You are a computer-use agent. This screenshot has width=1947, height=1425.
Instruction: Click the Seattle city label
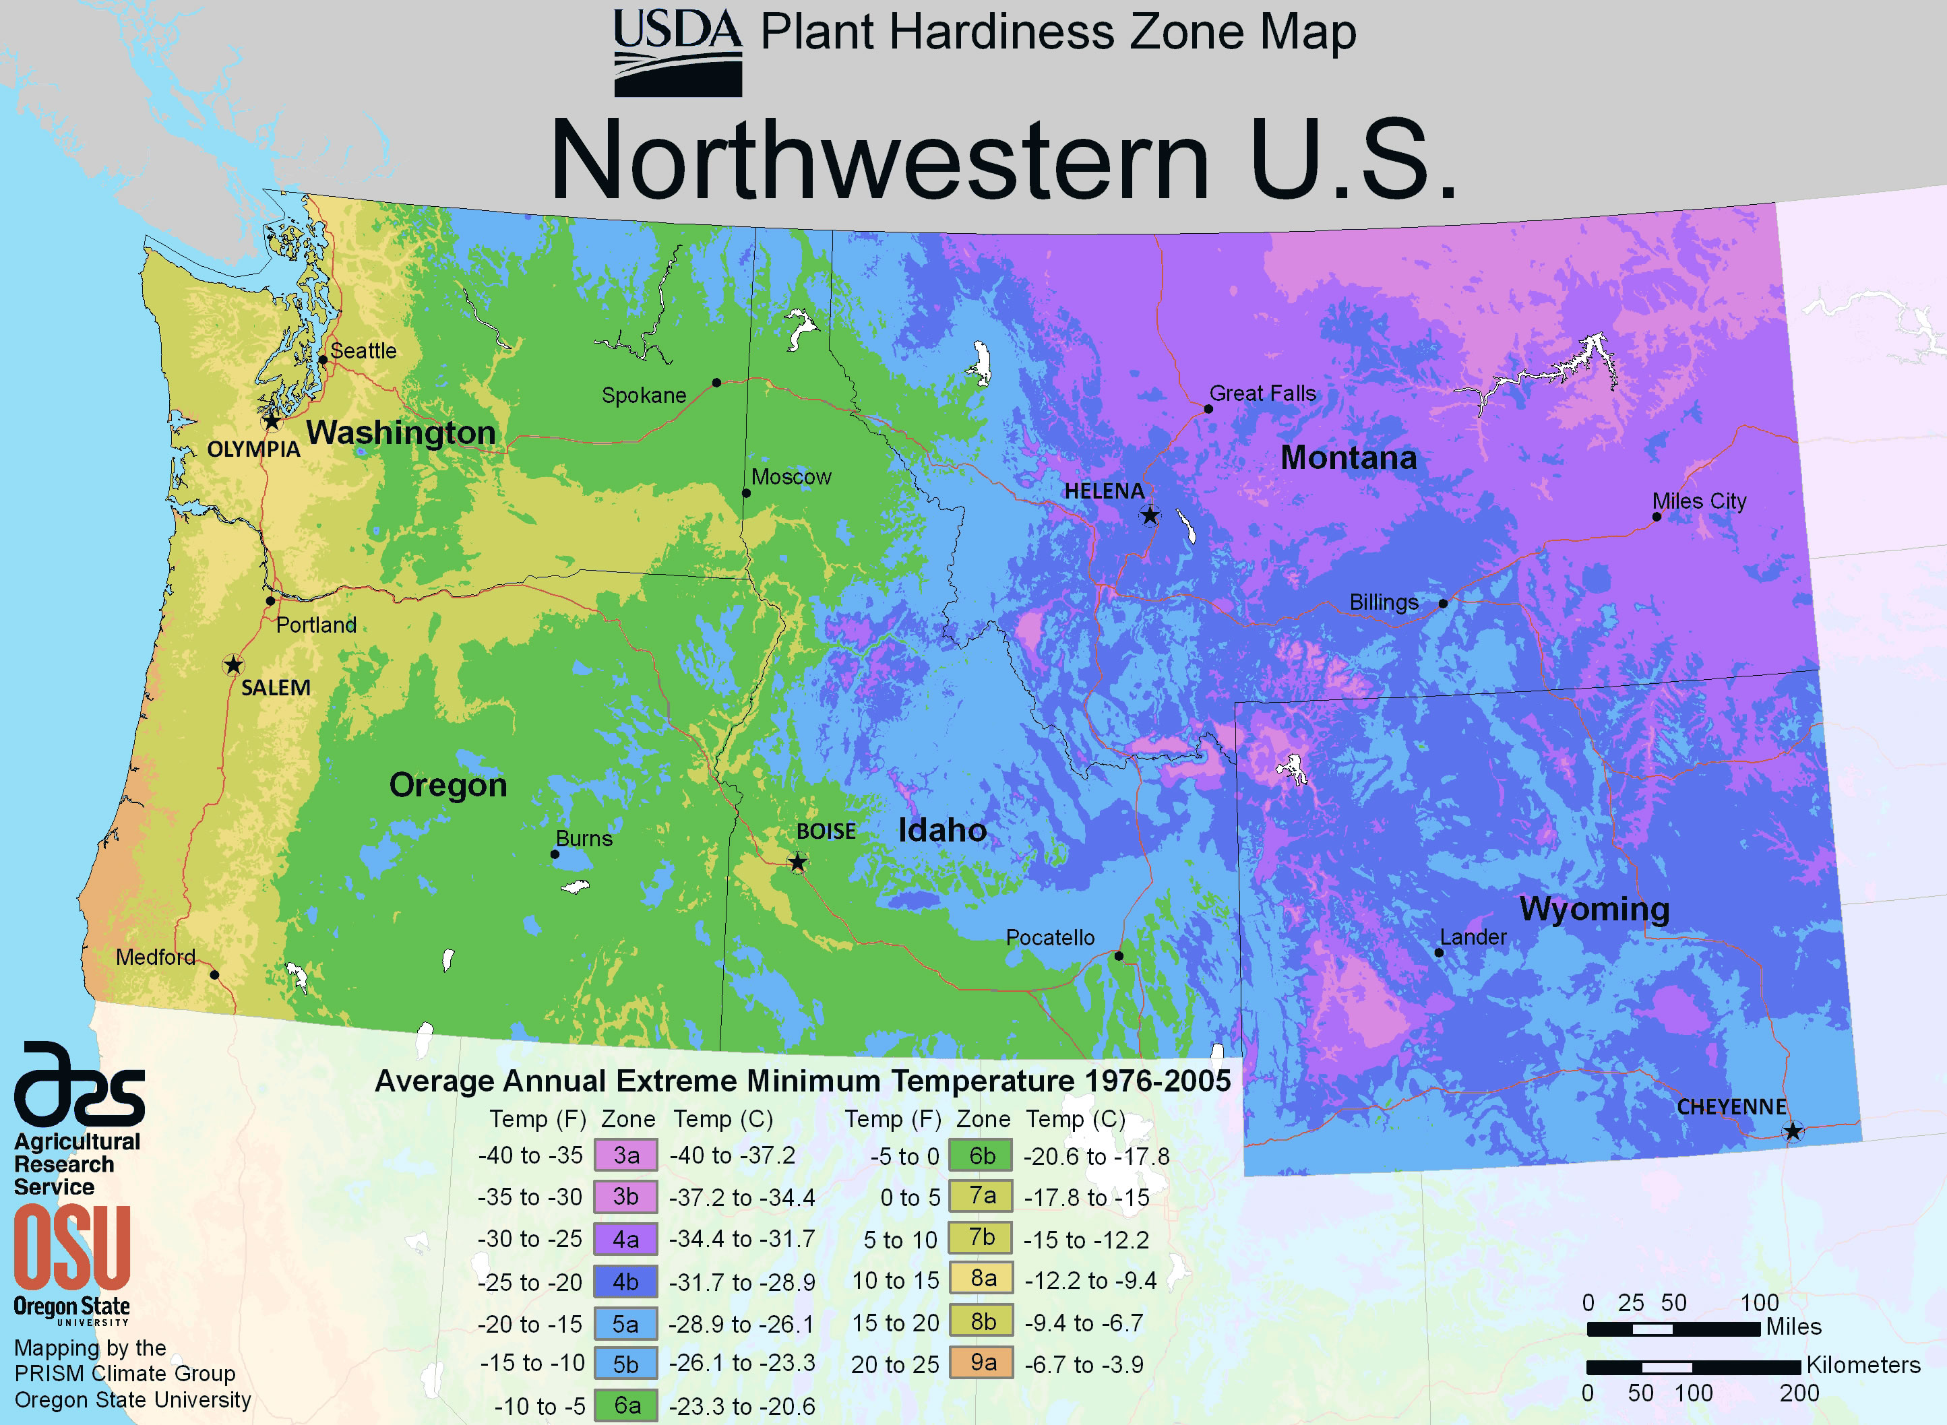coord(363,351)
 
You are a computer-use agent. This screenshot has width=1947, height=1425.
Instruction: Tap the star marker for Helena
coord(1150,516)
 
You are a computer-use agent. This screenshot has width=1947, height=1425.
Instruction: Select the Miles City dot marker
coord(1657,517)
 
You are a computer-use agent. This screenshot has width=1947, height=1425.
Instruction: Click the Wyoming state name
coord(1594,909)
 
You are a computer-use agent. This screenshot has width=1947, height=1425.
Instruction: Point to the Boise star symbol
coord(798,862)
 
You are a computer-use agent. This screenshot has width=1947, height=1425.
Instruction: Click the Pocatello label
coord(1050,938)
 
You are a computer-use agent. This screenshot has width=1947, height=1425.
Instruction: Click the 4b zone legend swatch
coord(625,1281)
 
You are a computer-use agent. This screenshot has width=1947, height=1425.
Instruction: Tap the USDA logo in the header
coord(677,52)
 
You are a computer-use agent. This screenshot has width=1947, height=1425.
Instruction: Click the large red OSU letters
coord(71,1246)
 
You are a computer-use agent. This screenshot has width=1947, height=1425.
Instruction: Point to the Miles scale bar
coord(1673,1329)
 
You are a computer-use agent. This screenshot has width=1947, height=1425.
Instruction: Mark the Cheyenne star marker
coord(1793,1131)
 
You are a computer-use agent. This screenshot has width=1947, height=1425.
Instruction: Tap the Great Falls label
coord(1262,393)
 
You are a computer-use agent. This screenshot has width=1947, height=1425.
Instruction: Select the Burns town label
coord(584,838)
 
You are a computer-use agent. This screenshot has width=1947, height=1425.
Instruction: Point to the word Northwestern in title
coord(880,160)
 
